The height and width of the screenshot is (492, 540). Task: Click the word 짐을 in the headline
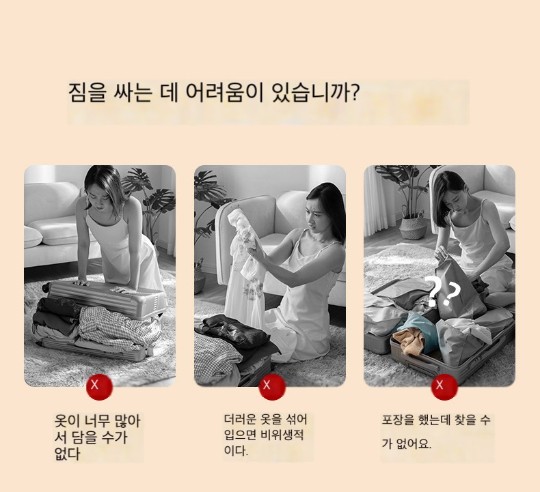click(x=86, y=93)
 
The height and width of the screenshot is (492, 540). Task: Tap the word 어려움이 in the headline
click(x=224, y=92)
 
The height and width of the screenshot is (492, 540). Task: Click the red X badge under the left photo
click(x=100, y=387)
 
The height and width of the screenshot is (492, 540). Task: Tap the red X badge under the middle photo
click(x=272, y=387)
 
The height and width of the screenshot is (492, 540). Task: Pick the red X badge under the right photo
click(x=444, y=387)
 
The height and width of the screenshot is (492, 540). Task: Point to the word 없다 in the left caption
click(x=68, y=454)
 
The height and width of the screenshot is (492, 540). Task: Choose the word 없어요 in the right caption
click(x=414, y=444)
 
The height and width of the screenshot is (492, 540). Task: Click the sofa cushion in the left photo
click(x=33, y=237)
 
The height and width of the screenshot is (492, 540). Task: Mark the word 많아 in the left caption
click(x=126, y=421)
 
